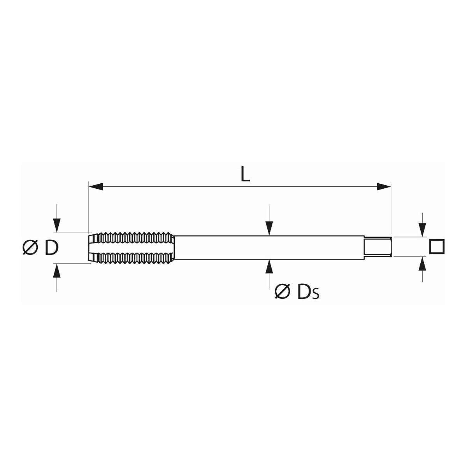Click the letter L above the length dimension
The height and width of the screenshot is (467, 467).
(245, 175)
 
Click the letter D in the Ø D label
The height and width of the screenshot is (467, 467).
(51, 248)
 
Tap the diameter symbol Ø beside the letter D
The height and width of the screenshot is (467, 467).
(30, 248)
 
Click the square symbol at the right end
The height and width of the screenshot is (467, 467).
(437, 247)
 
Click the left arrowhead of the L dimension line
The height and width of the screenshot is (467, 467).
(96, 186)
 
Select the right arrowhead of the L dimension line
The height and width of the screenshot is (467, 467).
(383, 186)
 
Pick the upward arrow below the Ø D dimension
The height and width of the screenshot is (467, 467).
(57, 271)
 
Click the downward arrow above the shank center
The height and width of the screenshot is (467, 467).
(269, 228)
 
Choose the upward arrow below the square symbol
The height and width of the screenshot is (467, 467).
(423, 265)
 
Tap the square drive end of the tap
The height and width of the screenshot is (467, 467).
(377, 247)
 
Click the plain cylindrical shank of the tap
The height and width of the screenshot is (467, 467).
(269, 247)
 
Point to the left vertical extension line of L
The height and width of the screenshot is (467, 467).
(89, 206)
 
